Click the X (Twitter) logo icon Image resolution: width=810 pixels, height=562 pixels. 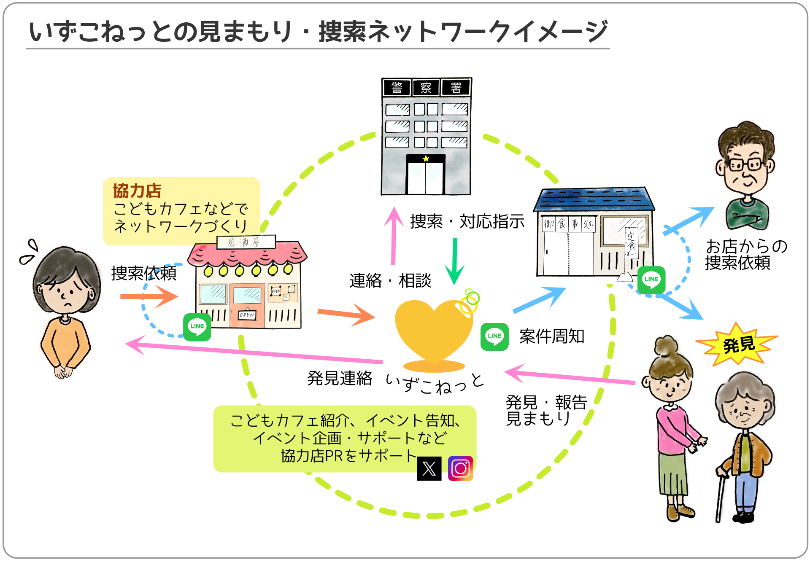pos(429,468)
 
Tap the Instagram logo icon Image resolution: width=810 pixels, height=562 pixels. pos(460,468)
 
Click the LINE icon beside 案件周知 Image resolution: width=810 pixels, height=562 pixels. pos(494,336)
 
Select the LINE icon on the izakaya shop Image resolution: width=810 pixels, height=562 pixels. pos(197,327)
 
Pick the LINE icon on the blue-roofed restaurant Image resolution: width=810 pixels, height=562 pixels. pos(651,280)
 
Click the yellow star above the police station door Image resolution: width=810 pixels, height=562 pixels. pos(426,159)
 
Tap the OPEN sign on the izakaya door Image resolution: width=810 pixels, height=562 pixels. pos(247,315)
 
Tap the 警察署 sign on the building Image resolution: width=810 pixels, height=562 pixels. pos(426,88)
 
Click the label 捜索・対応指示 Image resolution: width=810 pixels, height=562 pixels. pos(467,221)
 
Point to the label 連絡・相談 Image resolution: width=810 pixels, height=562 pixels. pos(390,281)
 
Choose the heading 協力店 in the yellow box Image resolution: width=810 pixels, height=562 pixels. pos(137,191)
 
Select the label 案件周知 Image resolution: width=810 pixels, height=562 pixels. pos(551,336)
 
